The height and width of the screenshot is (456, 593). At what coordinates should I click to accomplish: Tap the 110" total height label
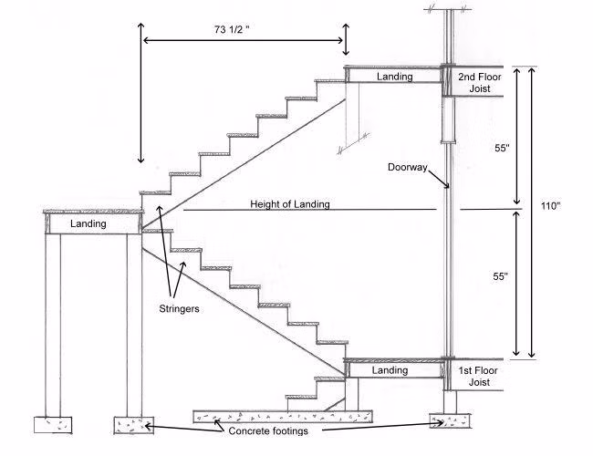pyautogui.click(x=550, y=205)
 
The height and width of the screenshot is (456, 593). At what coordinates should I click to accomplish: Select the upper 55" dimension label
pyautogui.click(x=500, y=149)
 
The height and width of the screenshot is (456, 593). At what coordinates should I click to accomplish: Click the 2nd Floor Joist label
pyautogui.click(x=474, y=84)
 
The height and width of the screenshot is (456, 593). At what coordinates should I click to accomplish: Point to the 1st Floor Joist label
pyautogui.click(x=474, y=377)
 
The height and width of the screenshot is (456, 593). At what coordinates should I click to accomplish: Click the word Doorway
pyautogui.click(x=407, y=169)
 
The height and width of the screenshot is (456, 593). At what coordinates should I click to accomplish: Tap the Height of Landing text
pyautogui.click(x=290, y=204)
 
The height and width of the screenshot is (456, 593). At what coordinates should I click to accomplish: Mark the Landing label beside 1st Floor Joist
pyautogui.click(x=390, y=370)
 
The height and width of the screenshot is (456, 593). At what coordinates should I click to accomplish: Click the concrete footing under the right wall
pyautogui.click(x=450, y=422)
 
